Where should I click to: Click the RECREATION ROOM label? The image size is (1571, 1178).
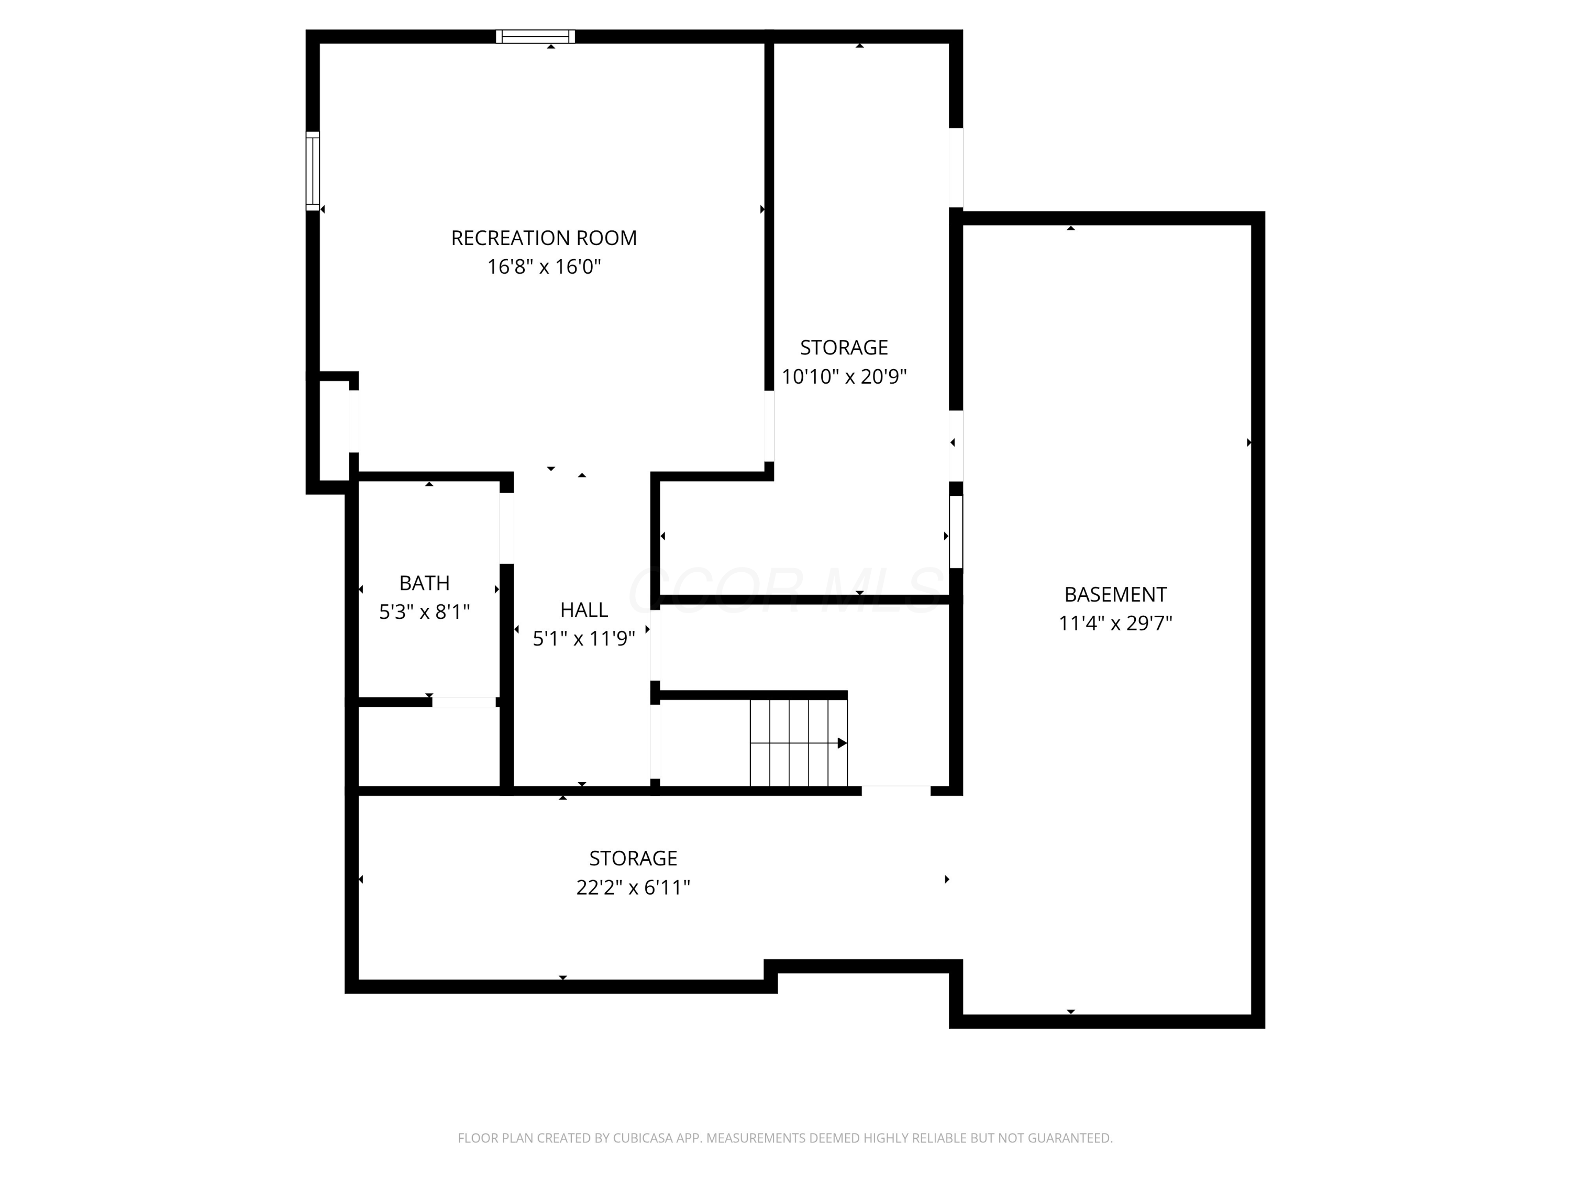click(544, 238)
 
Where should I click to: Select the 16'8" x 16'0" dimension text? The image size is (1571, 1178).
click(544, 267)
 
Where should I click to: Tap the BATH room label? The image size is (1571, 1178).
click(424, 583)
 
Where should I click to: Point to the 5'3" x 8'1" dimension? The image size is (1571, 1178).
click(424, 612)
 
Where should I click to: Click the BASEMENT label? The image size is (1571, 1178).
click(1114, 594)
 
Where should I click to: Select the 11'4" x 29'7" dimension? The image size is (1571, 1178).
click(1114, 624)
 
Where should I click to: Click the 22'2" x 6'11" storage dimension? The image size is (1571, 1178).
click(633, 887)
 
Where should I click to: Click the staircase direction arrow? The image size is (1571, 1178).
click(842, 743)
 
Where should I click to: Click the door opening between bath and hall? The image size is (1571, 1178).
click(506, 528)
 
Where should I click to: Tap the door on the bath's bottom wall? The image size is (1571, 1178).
click(464, 702)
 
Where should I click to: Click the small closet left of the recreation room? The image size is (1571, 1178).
click(333, 430)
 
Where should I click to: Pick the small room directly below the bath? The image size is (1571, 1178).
click(429, 746)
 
